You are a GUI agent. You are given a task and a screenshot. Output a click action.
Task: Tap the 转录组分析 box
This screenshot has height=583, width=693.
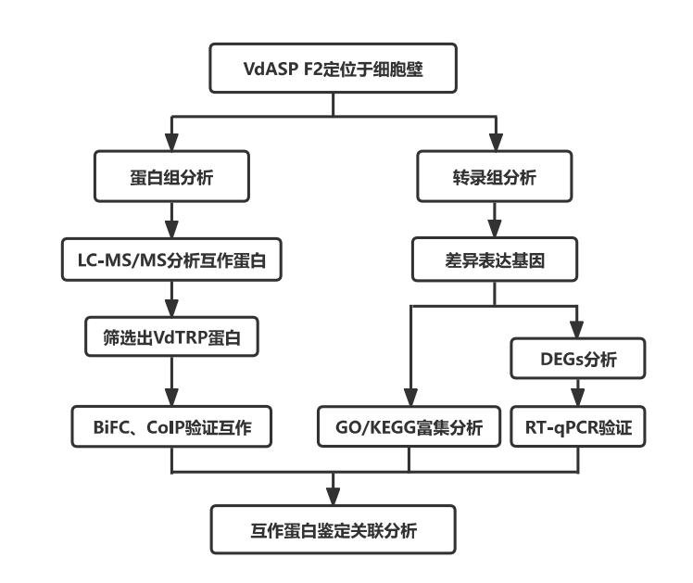493,176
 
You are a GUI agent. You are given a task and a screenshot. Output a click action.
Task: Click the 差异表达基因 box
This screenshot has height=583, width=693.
493,262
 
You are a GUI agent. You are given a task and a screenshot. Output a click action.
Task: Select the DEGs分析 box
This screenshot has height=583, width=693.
577,357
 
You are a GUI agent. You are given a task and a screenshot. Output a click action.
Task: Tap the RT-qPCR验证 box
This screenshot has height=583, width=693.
577,428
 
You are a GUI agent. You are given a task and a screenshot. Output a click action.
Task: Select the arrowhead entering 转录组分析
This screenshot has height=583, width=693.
493,146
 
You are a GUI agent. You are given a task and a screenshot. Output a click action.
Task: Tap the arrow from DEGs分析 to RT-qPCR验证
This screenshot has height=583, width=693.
577,393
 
